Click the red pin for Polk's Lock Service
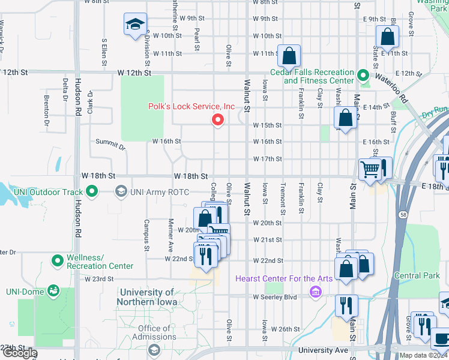pos(218,120)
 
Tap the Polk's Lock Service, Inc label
pos(191,106)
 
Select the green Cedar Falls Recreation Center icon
pos(363,76)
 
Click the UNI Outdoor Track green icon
pos(91,192)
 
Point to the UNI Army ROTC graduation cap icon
pos(121,192)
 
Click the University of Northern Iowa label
pos(148,298)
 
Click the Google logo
pos(19,353)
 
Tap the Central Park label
pos(417,276)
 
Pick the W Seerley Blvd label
pos(276,297)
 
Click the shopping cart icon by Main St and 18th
pos(371,169)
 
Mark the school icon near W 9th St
pos(135,25)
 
